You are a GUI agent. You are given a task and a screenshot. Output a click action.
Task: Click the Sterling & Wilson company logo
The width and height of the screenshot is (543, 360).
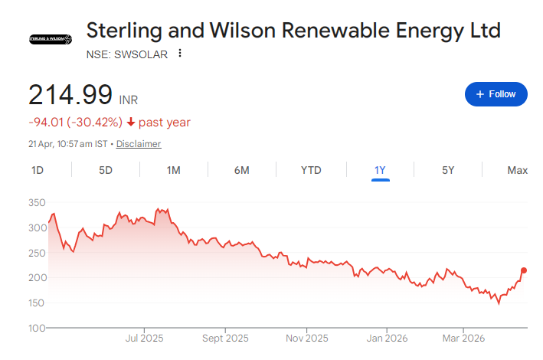[x=50, y=38]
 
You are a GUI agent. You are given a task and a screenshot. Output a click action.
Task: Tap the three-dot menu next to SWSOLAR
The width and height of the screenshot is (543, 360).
[x=180, y=54]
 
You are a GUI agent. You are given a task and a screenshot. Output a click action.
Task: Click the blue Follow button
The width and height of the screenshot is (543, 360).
[x=496, y=94]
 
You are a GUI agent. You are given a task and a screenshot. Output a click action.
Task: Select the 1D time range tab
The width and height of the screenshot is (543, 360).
[x=37, y=170]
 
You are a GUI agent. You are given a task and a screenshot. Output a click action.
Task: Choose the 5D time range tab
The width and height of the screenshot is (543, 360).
[x=106, y=170]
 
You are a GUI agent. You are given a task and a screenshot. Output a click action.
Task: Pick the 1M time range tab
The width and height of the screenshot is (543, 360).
[x=174, y=170]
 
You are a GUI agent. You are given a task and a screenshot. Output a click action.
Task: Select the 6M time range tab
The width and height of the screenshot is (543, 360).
[x=242, y=170]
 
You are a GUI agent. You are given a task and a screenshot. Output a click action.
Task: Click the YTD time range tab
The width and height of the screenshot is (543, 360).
[x=311, y=170]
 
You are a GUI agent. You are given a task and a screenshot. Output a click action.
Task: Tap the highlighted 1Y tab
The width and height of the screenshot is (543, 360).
[x=381, y=170]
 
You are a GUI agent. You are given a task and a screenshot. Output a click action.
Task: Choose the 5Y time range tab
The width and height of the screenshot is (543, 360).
[x=449, y=170]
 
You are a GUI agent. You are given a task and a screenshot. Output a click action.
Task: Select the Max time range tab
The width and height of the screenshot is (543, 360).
[x=517, y=170]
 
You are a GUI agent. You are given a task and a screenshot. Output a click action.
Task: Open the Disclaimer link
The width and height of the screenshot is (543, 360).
[x=139, y=144]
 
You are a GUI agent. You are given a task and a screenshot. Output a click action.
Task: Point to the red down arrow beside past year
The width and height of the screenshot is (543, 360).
[x=131, y=123]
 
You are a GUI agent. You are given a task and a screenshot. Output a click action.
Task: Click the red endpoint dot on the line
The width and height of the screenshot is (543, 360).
[x=524, y=270]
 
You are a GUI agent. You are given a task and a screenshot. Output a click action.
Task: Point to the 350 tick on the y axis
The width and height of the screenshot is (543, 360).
[x=37, y=202]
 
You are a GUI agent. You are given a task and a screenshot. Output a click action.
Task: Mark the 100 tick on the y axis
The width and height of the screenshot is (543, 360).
[x=37, y=328]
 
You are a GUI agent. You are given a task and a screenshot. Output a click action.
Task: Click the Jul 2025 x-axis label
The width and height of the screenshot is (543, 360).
[x=144, y=338]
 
